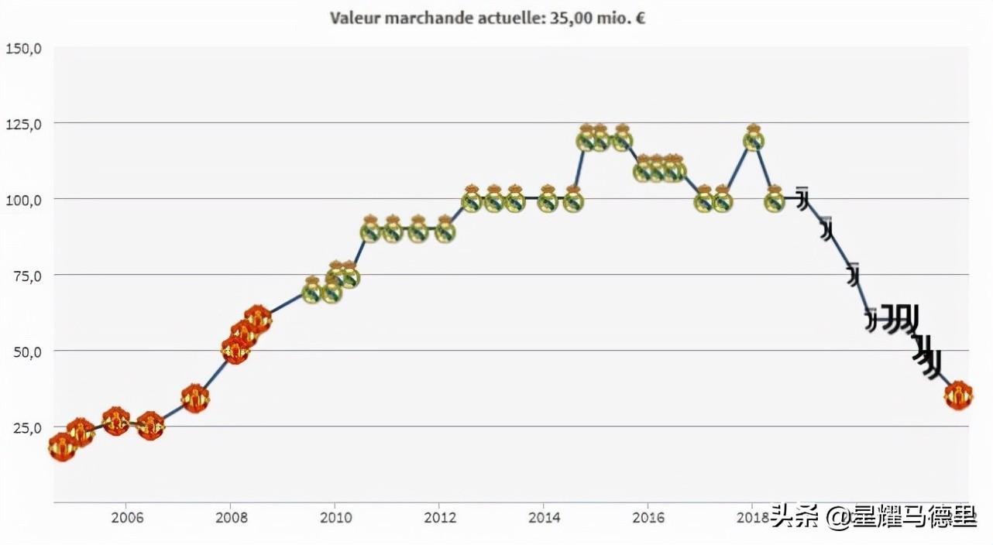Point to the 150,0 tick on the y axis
(23, 49)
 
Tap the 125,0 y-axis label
(23, 124)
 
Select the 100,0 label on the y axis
(23, 200)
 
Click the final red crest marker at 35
(958, 396)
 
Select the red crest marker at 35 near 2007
(195, 398)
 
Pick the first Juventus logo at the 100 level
(803, 199)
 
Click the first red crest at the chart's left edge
(62, 447)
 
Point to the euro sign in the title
(640, 18)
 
